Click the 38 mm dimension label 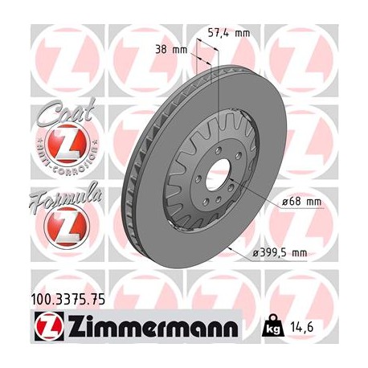coord(174,49)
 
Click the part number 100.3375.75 coord(68,301)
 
